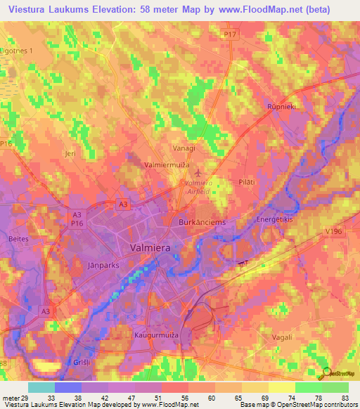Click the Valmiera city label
click(x=155, y=248)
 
